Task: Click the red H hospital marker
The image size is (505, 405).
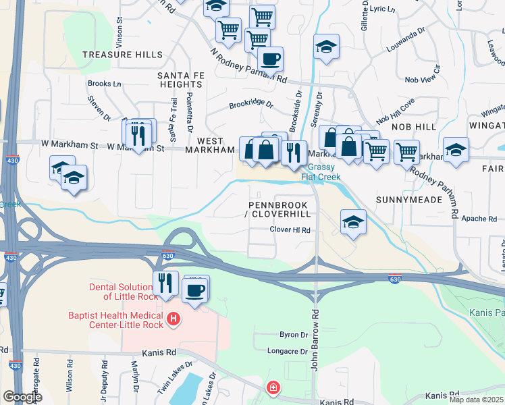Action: (x=174, y=318)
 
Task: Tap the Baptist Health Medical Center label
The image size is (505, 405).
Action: (x=115, y=321)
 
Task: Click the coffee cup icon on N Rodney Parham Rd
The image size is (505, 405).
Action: (x=270, y=59)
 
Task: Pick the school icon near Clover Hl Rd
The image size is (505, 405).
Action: (x=353, y=222)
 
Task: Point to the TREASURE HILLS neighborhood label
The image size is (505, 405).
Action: (x=122, y=55)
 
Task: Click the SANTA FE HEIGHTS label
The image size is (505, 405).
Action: (x=180, y=80)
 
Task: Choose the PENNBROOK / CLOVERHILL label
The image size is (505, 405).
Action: (x=279, y=209)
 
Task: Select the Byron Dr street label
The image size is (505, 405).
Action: (x=294, y=334)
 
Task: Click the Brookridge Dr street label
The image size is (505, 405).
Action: (x=250, y=105)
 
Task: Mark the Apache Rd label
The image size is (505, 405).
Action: (x=479, y=219)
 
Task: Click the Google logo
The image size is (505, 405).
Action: (x=23, y=397)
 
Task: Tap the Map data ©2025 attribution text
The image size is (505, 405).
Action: (x=475, y=400)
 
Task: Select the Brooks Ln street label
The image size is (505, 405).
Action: (x=105, y=84)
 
